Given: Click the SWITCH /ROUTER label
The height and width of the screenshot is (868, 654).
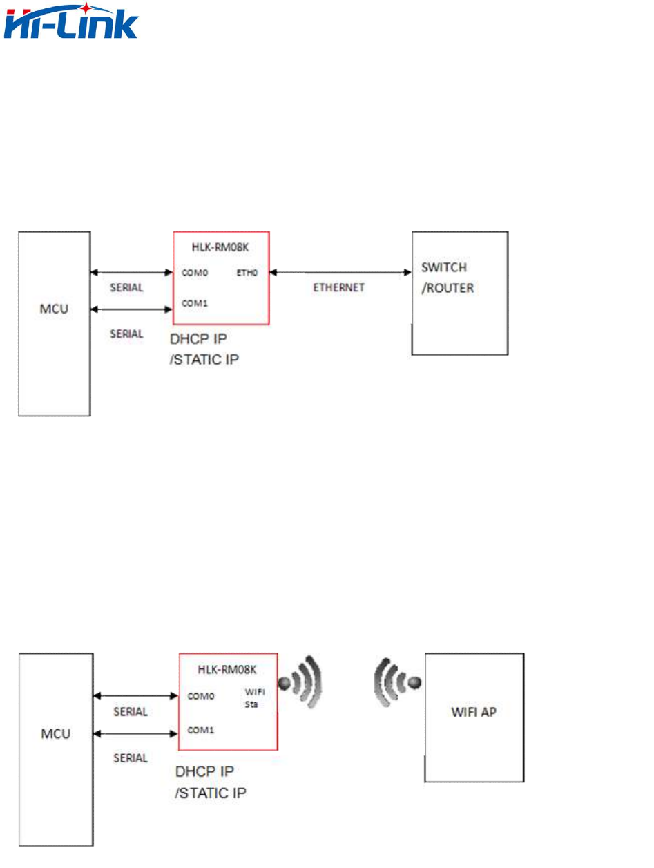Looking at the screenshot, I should [448, 277].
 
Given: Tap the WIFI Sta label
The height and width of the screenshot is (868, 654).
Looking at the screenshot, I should [256, 699].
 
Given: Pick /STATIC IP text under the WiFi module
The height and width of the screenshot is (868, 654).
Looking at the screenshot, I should [211, 793].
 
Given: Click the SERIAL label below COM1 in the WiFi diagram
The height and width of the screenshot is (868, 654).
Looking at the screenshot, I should [131, 758].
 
